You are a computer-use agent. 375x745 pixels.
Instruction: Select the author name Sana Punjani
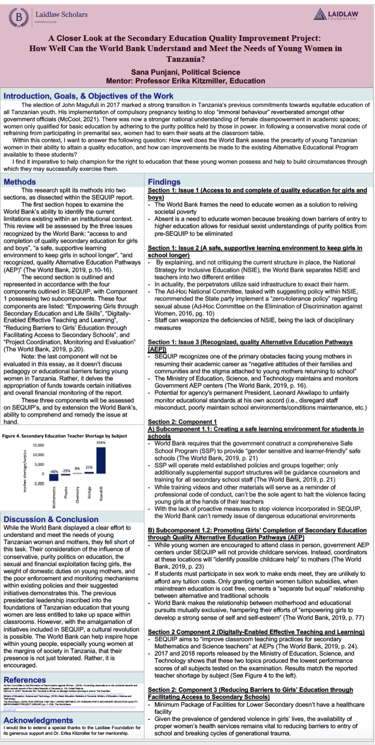[x=154, y=72]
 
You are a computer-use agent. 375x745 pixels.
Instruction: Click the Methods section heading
[x=20, y=182]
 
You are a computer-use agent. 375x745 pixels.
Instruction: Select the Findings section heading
[x=164, y=182]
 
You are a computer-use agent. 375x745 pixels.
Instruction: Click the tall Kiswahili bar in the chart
[x=100, y=461]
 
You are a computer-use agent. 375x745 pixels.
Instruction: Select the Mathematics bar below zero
[x=54, y=477]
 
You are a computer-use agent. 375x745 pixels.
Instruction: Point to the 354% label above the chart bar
[x=100, y=442]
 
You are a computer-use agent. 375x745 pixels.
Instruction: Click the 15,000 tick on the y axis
[x=39, y=445]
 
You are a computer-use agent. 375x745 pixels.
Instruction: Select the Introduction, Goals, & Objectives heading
[x=89, y=96]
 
